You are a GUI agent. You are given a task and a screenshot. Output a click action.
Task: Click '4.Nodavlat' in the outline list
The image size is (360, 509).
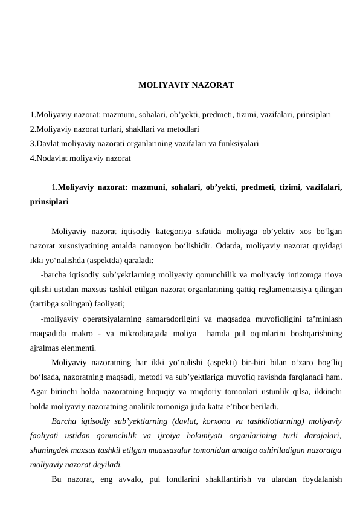[50, 158]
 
